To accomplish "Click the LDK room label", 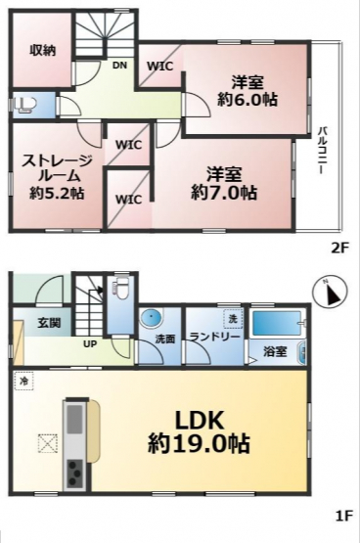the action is click(199, 421).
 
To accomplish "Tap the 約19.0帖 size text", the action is click(199, 444).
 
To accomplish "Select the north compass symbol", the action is click(330, 293).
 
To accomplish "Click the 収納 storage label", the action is click(42, 51).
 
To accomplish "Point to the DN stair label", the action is click(119, 66).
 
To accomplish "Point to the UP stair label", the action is click(90, 344).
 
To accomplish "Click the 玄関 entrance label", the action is click(49, 323).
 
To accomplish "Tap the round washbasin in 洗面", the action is click(152, 318).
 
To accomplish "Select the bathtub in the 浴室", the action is click(276, 323).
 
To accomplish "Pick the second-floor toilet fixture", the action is click(25, 105).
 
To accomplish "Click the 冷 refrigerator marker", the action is click(23, 381).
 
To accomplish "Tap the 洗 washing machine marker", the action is click(233, 318).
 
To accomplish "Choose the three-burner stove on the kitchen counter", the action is click(74, 474).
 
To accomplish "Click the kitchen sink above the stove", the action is click(74, 419).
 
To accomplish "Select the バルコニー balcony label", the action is click(323, 150).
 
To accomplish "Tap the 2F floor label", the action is click(341, 248).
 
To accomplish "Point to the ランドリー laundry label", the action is click(214, 337).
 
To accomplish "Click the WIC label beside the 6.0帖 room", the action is click(159, 66).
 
